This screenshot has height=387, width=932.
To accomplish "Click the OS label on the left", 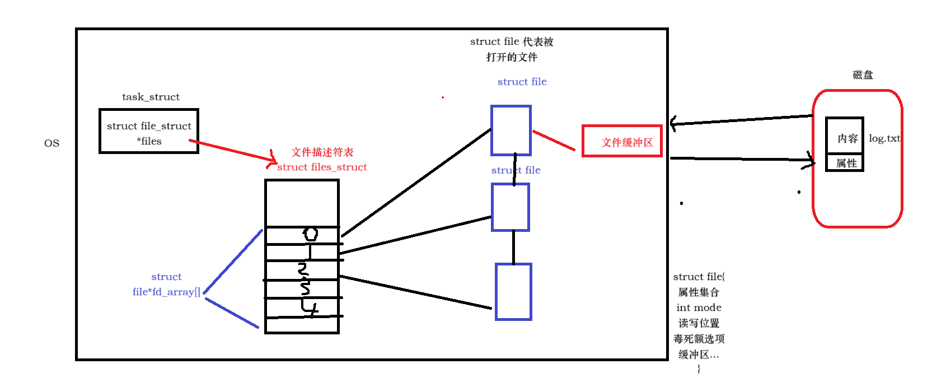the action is coord(51,143).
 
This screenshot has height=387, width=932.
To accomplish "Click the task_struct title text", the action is coord(151,97).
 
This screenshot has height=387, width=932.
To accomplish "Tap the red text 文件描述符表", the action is coord(322,152).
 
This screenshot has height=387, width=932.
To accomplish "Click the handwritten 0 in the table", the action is coord(311,234).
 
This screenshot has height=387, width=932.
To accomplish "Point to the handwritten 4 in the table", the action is coord(310,307).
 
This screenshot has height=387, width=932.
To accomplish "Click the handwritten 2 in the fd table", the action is coord(303,269).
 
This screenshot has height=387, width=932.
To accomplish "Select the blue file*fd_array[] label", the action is coord(166,292).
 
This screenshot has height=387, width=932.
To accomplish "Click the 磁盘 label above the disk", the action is coord(863,75).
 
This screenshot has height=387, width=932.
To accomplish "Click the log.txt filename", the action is coord(884,138).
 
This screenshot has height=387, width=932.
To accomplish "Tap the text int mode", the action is coord(699,308).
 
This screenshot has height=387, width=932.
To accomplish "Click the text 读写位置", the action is coord(699,323).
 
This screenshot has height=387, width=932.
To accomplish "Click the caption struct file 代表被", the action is coord(512,41).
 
